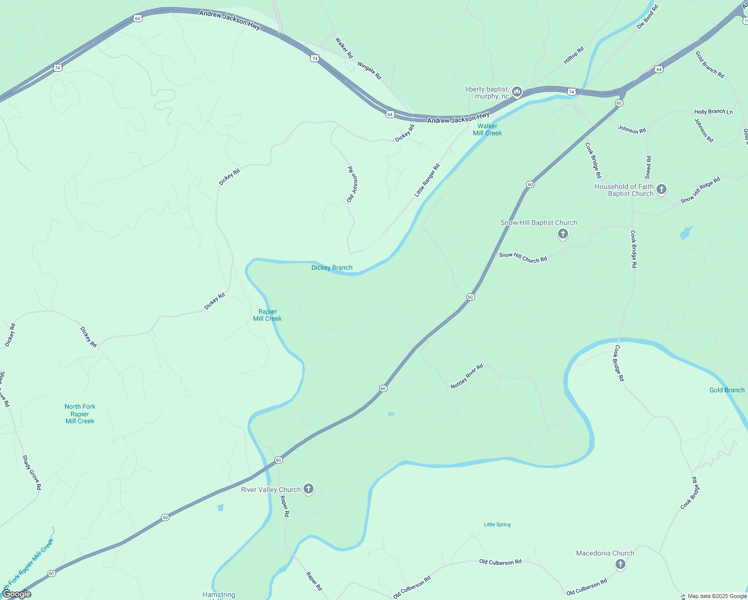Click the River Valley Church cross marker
pyautogui.click(x=308, y=489)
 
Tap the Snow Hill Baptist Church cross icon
pyautogui.click(x=563, y=233)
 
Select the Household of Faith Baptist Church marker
pyautogui.click(x=661, y=189)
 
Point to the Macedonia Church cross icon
pyautogui.click(x=620, y=564)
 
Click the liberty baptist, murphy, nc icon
pyautogui.click(x=517, y=91)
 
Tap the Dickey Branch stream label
pyautogui.click(x=331, y=267)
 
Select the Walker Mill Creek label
pyautogui.click(x=487, y=129)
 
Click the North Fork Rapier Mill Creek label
pyautogui.click(x=80, y=413)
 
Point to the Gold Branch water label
pyautogui.click(x=726, y=390)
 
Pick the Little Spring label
pyautogui.click(x=497, y=524)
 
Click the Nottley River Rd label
pyautogui.click(x=466, y=376)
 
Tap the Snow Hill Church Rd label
pyautogui.click(x=522, y=257)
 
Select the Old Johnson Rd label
pyautogui.click(x=352, y=184)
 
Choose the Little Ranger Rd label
pyautogui.click(x=427, y=180)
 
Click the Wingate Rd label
pyautogui.click(x=369, y=70)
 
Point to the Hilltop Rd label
pyautogui.click(x=573, y=55)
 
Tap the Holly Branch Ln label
pyautogui.click(x=713, y=111)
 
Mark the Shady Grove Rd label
pyautogui.click(x=31, y=472)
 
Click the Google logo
pyautogui.click(x=16, y=594)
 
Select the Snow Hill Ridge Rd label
pyautogui.click(x=700, y=190)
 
